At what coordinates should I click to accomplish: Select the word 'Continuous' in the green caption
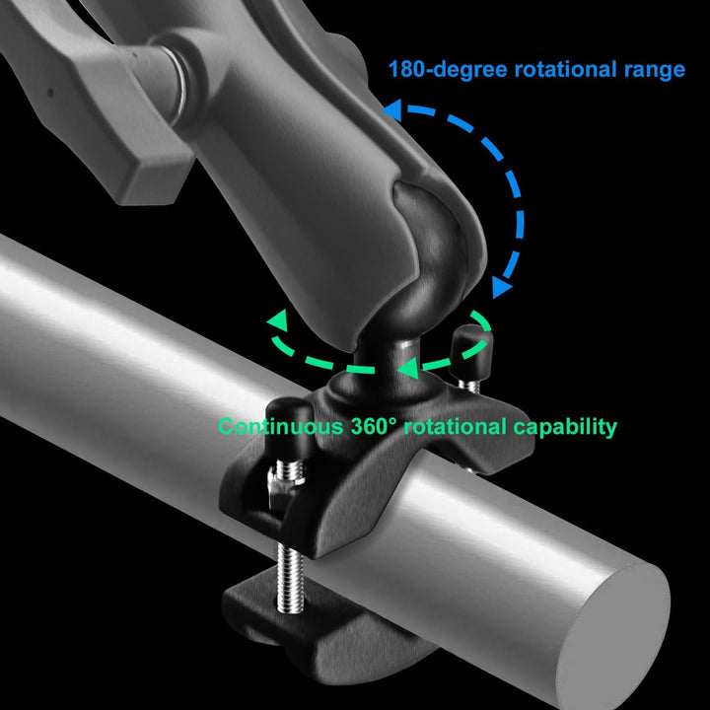tap(281, 427)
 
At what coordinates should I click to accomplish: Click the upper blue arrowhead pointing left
tap(392, 110)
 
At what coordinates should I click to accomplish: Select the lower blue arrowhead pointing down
tap(501, 287)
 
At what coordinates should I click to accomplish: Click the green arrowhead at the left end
tap(277, 320)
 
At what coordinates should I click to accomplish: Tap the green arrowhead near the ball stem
tap(408, 368)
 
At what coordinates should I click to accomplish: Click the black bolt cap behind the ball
tap(470, 352)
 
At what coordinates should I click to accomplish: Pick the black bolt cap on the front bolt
tap(289, 429)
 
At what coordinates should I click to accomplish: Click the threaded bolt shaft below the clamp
tap(290, 579)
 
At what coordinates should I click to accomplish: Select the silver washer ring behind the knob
tap(177, 82)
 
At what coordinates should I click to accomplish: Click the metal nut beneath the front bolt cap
tap(280, 487)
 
